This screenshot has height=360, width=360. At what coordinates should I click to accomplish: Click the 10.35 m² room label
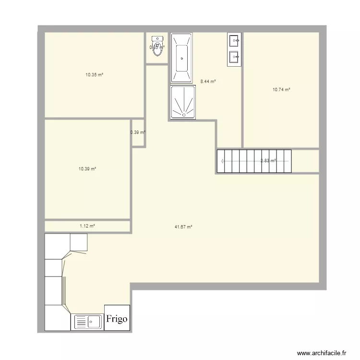(x=95, y=74)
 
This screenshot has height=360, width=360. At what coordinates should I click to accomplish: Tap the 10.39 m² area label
(x=87, y=169)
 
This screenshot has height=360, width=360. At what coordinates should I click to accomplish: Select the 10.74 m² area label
(x=281, y=89)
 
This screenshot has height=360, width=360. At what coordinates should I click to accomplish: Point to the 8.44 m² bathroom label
(x=208, y=82)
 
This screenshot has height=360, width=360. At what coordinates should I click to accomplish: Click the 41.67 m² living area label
(x=183, y=227)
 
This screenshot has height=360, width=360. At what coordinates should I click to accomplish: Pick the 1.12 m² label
(x=87, y=226)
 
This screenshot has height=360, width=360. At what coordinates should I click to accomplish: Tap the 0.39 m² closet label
(x=138, y=132)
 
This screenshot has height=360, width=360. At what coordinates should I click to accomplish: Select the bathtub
(x=181, y=58)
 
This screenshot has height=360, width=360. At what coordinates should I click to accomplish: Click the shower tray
(x=182, y=102)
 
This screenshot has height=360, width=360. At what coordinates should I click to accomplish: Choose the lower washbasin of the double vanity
(x=234, y=57)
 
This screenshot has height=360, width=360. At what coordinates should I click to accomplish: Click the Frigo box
(x=117, y=318)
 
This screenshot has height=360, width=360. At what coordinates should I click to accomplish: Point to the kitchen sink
(x=87, y=322)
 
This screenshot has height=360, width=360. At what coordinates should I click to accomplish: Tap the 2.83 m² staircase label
(x=268, y=161)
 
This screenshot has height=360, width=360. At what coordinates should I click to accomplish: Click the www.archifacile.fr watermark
(x=322, y=353)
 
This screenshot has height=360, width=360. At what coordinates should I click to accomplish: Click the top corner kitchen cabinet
(x=79, y=242)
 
